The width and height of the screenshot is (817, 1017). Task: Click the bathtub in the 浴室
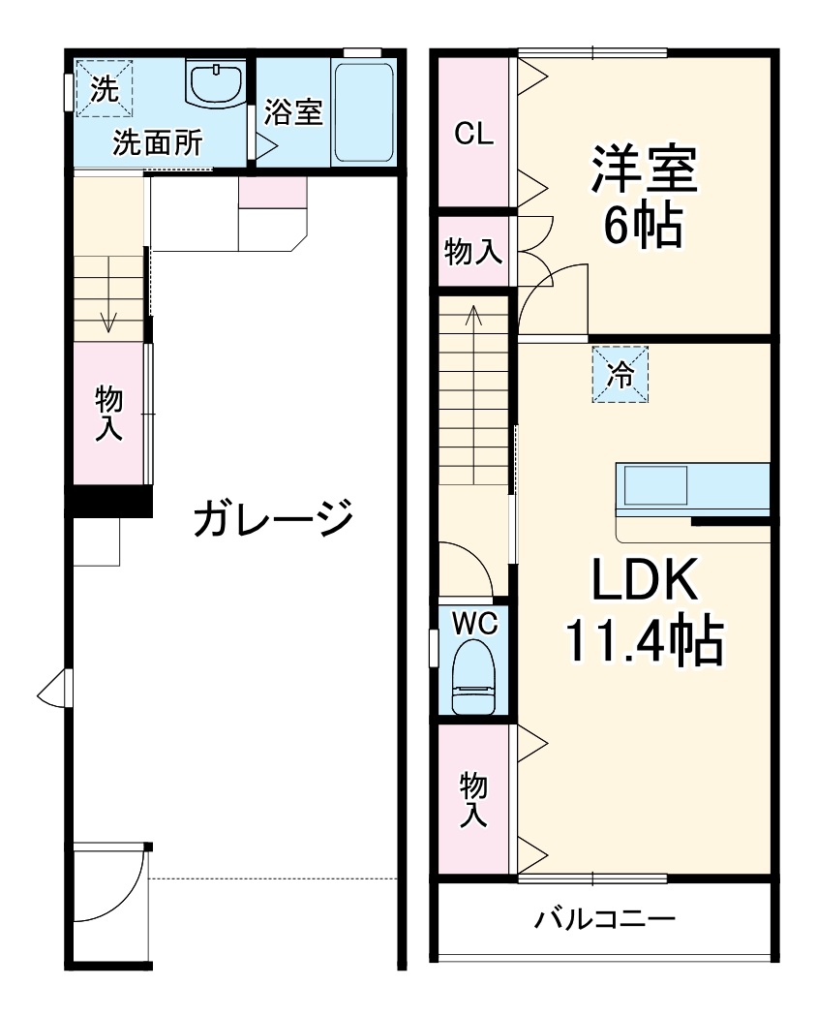coord(363,112)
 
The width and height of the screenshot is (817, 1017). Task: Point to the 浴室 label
coord(292,112)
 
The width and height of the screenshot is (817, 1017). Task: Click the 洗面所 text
coord(157,142)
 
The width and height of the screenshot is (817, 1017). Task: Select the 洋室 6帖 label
coord(644,197)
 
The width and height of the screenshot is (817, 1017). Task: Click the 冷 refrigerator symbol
coord(620,374)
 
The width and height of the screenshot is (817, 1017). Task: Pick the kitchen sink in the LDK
coord(655,485)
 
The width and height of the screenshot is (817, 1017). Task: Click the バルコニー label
coord(605,918)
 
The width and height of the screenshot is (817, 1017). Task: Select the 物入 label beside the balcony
coord(472,799)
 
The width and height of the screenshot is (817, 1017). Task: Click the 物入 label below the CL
coord(473,251)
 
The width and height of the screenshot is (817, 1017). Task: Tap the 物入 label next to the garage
coord(108,414)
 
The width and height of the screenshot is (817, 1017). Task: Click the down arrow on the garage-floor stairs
coord(107,320)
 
